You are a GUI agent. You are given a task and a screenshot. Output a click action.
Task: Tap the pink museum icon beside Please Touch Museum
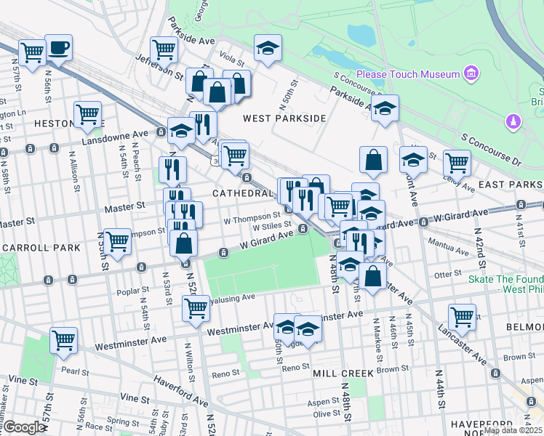(x=472, y=73)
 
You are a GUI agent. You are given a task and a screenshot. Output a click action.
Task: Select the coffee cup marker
(x=58, y=48)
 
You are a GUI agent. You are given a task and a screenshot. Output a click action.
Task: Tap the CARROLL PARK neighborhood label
(x=40, y=248)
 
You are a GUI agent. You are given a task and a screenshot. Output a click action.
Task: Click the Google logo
(x=23, y=427)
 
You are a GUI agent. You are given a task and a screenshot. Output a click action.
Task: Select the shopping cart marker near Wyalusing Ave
(x=196, y=307)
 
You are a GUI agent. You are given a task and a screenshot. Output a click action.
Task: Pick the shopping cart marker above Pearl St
(x=64, y=339)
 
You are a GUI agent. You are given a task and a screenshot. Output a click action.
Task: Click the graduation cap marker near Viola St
(x=268, y=49)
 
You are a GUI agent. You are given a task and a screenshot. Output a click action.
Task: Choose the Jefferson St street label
(x=159, y=66)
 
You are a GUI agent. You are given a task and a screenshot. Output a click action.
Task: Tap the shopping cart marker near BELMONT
(x=463, y=316)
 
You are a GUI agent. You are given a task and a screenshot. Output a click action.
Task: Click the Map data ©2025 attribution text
(x=513, y=430)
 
